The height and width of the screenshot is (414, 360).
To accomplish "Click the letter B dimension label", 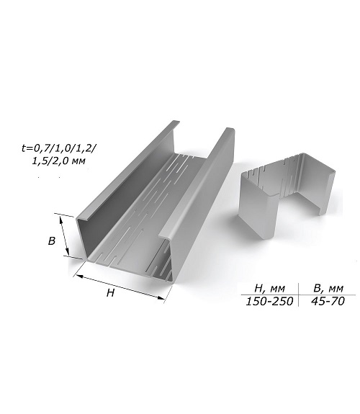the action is coord(52,240).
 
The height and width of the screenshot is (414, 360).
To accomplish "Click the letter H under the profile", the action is coord(110,292).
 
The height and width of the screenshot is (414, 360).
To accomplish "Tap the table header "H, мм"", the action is coord(269,288).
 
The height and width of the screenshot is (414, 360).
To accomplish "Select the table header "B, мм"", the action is coord(328,288).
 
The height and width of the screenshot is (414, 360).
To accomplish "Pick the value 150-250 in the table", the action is coord(269,301).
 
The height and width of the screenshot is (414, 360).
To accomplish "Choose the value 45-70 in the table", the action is coord(328,301).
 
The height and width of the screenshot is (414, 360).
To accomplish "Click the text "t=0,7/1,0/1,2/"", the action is coord(58,148).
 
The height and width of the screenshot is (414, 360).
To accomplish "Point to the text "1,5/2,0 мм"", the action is coord(58,161).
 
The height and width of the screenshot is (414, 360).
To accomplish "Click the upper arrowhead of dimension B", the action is coord(61,217).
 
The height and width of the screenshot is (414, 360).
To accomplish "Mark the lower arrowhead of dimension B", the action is coord(68,253).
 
